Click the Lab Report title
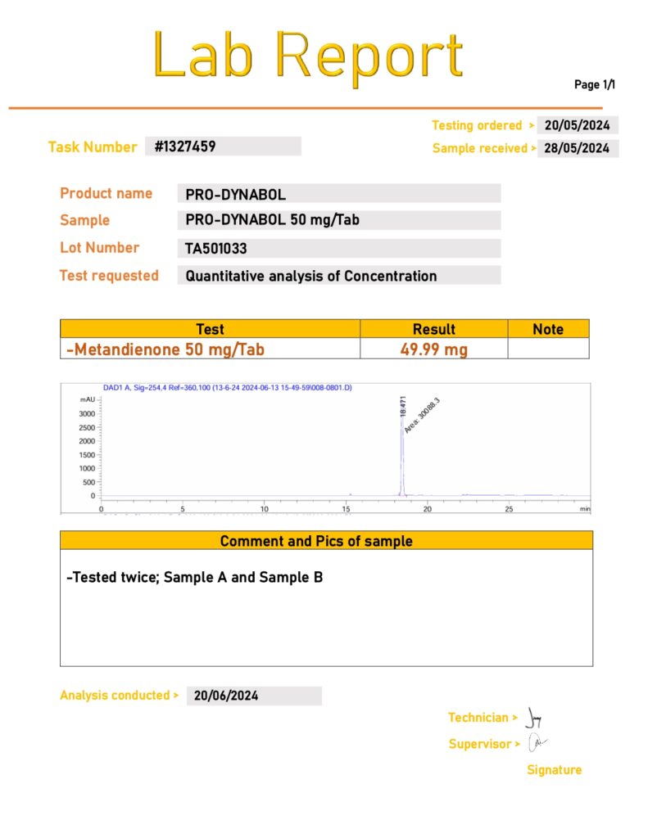[x=308, y=56]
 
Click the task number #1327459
[x=185, y=146]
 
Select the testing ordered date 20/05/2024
[x=577, y=125]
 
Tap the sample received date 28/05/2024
[x=577, y=148]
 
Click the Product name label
[x=106, y=193]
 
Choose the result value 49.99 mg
[x=433, y=349]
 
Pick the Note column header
[x=548, y=329]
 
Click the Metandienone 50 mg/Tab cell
[x=165, y=349]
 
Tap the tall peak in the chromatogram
[x=401, y=458]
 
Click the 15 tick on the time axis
[x=346, y=509]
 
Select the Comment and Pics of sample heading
[x=316, y=541]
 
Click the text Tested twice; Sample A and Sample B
[x=194, y=578]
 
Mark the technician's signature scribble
[x=534, y=719]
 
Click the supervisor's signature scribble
[x=537, y=743]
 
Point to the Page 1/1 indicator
[x=594, y=84]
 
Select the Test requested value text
[x=311, y=276]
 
